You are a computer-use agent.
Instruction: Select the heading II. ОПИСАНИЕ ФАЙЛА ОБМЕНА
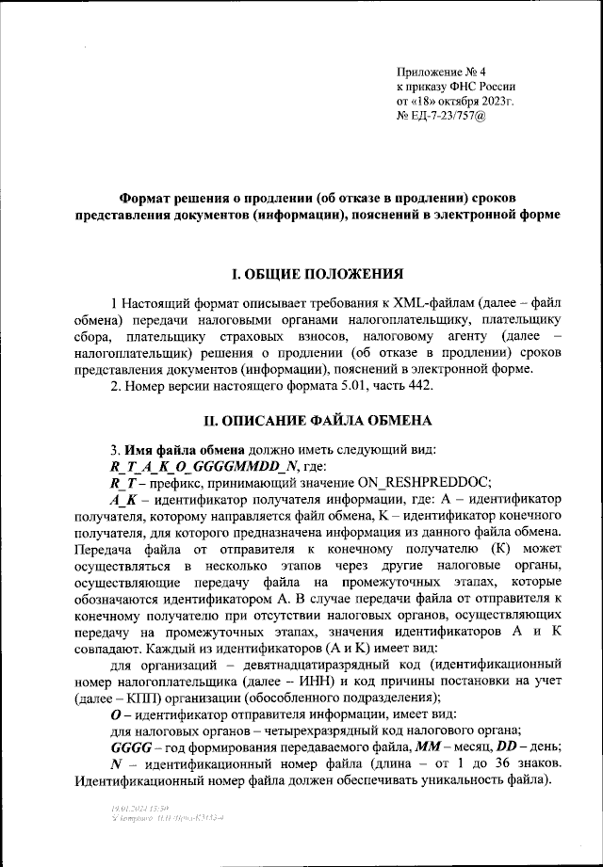pyautogui.click(x=318, y=419)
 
